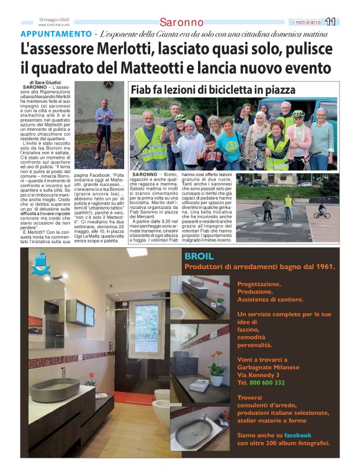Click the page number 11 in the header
click(330, 22)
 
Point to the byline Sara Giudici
click(48, 83)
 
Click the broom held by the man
click(109, 154)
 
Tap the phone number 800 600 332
click(267, 383)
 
